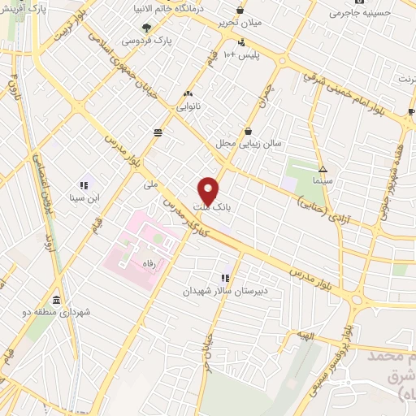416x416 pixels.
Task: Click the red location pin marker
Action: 208,190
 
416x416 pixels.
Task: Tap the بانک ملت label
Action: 215,207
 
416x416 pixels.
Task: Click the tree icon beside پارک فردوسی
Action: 147,27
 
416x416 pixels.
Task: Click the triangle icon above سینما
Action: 323,170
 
